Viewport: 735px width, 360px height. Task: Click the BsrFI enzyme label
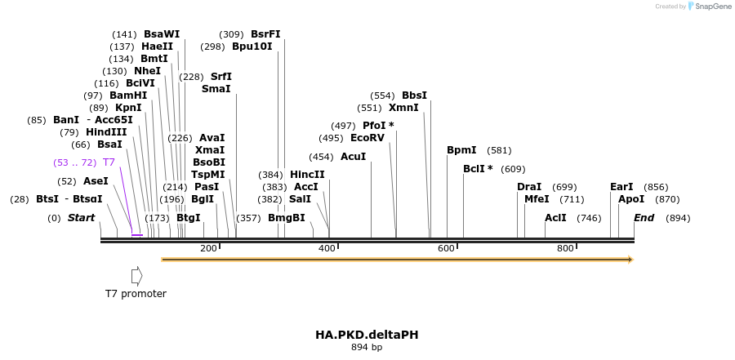click(x=265, y=34)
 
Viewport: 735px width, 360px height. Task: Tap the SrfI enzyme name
click(x=221, y=76)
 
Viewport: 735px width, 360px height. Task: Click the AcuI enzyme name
click(x=353, y=157)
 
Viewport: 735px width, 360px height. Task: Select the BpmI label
click(x=461, y=150)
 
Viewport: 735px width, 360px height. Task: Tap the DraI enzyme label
click(x=529, y=187)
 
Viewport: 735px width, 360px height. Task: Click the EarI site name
click(x=621, y=187)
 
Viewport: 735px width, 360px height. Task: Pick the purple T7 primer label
click(x=109, y=162)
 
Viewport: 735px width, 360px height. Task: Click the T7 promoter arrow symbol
click(x=136, y=275)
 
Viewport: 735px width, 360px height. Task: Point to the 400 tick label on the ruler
click(x=327, y=248)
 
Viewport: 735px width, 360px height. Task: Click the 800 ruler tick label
click(x=565, y=248)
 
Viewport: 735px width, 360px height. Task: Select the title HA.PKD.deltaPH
click(x=367, y=335)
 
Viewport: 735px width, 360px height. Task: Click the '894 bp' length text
click(x=367, y=348)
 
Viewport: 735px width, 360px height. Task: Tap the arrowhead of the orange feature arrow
click(x=630, y=260)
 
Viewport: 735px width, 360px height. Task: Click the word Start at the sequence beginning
click(x=81, y=218)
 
